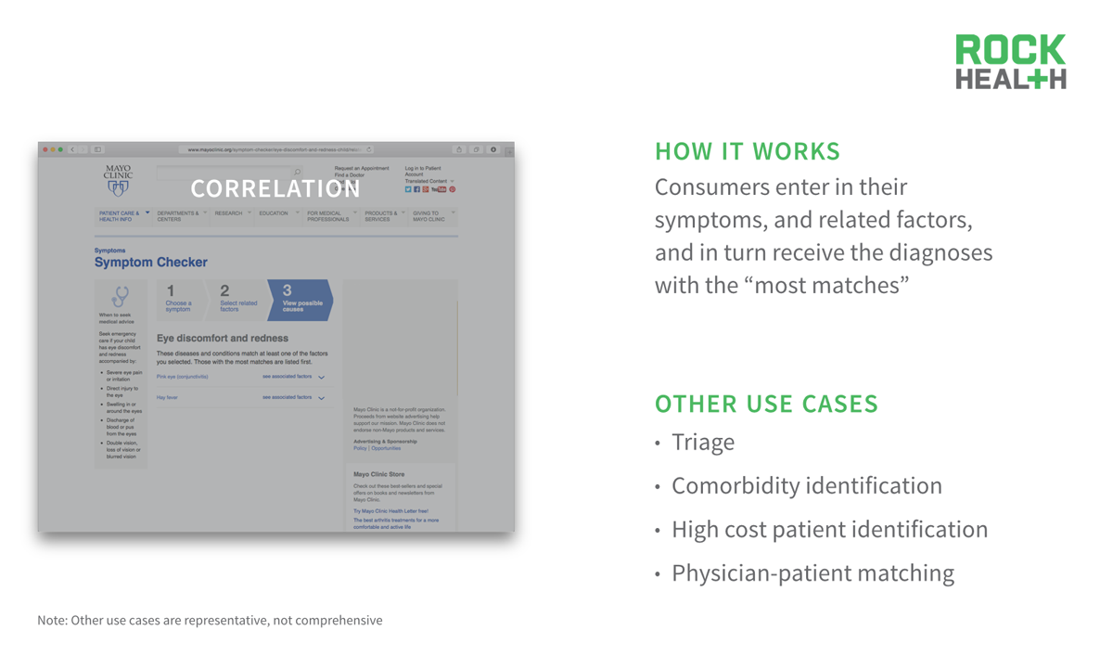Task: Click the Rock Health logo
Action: click(1011, 62)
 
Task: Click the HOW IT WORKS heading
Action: click(748, 151)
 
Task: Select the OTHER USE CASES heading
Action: click(766, 405)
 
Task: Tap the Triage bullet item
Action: click(702, 443)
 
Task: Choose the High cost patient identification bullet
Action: click(829, 530)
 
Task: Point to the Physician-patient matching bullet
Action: click(812, 573)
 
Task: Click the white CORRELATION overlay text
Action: click(275, 189)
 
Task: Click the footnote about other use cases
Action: click(210, 620)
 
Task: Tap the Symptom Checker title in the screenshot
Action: click(151, 263)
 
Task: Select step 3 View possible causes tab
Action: click(300, 300)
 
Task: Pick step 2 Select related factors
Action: click(237, 300)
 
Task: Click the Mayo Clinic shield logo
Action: click(118, 188)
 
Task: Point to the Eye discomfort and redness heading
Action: click(223, 339)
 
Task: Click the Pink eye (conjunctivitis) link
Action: click(183, 377)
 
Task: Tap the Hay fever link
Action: click(167, 397)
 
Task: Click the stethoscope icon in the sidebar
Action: click(120, 296)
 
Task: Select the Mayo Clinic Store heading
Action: click(378, 474)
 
